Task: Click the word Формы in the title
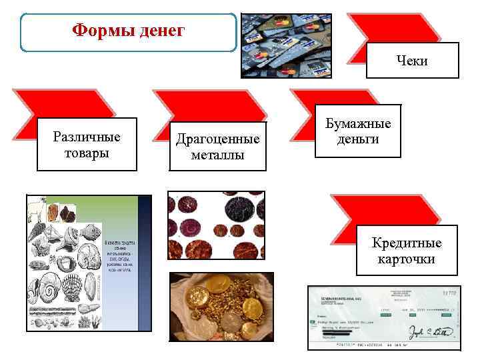click(x=98, y=31)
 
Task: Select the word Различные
click(x=87, y=137)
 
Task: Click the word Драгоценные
click(x=217, y=140)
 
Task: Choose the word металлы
click(x=217, y=155)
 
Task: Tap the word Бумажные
click(x=358, y=124)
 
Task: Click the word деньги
click(x=358, y=139)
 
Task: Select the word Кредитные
click(x=407, y=243)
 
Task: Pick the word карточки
click(x=407, y=259)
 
